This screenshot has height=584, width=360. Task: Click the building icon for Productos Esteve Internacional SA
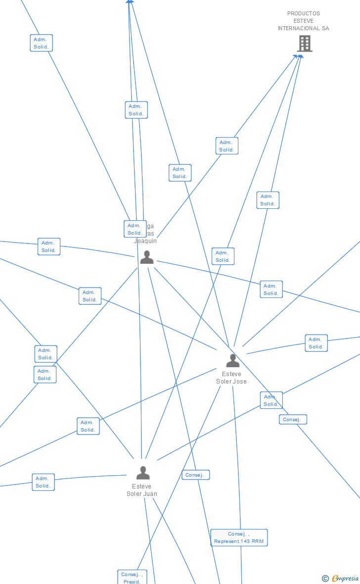point(305,44)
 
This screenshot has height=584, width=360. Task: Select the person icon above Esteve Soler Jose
point(232,360)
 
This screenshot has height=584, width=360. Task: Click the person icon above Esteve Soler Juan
point(143,473)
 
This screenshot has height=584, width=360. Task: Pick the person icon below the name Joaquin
point(146,257)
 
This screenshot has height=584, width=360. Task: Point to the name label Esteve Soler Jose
point(231,378)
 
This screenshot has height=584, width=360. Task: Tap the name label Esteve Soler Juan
point(142,490)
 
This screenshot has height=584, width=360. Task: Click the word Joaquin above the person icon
point(145,241)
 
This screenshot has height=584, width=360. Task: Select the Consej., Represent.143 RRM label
point(239,537)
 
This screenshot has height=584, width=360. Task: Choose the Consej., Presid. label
point(132,578)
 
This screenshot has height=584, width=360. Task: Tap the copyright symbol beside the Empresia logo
point(325,579)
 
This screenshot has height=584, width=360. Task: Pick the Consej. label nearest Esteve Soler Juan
point(195,475)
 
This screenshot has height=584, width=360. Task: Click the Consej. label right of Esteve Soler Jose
point(293,420)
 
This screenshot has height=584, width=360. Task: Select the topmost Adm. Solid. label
point(41,43)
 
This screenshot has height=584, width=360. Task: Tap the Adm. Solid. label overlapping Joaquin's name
point(135,229)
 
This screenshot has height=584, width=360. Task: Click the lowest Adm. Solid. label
point(43,482)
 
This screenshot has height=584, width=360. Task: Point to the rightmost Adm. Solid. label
point(316,343)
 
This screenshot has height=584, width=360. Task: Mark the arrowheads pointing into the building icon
point(298,56)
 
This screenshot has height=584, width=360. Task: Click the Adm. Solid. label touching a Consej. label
point(271,400)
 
